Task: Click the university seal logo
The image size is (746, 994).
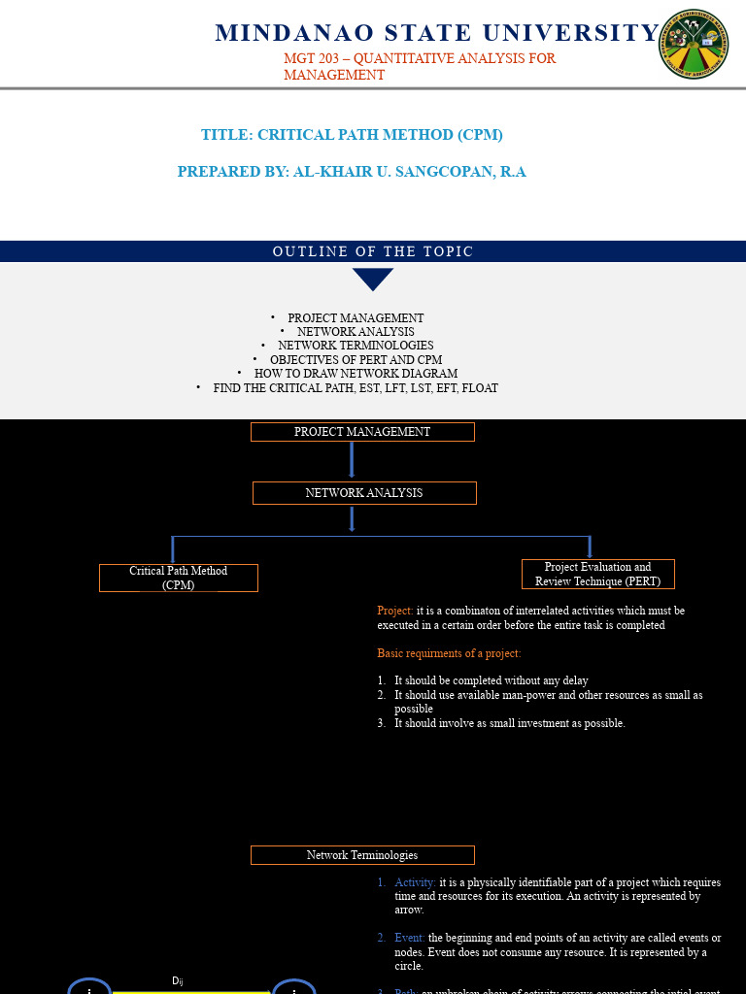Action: point(694,45)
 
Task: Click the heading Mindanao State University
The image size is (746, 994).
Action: point(437,33)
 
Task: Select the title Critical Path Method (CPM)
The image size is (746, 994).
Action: point(352,135)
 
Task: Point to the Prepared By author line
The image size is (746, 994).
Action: point(352,172)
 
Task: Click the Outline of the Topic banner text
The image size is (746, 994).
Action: point(373,251)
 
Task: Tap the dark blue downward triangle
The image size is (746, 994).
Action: point(373,280)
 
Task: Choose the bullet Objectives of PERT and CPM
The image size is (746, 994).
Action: point(356,359)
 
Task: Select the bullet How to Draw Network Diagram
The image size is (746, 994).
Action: point(356,374)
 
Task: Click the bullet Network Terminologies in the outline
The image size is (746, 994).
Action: point(356,346)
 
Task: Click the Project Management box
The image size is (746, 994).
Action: point(362,432)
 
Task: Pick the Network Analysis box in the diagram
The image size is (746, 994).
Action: point(364,493)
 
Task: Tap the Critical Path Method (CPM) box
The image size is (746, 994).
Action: point(179,578)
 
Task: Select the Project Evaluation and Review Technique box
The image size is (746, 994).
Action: point(597,574)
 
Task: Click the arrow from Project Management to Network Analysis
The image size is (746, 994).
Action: point(352,459)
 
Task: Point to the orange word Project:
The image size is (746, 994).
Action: point(395,611)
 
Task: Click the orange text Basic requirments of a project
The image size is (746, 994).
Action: point(449,653)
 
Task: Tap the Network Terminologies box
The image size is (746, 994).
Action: point(362,855)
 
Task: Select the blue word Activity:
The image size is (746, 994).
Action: point(415,882)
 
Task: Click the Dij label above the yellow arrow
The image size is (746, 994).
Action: point(177,981)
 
